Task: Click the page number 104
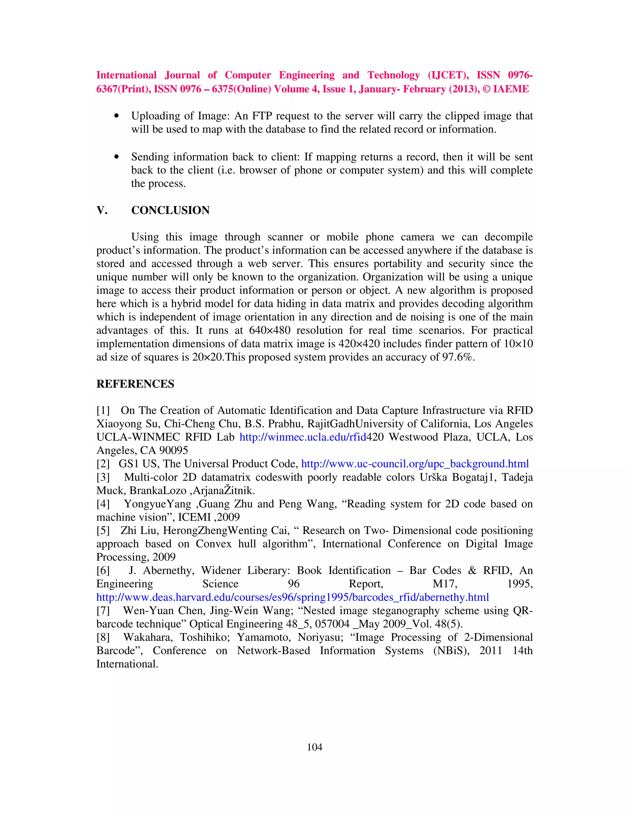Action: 314,747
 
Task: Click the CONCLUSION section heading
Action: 170,210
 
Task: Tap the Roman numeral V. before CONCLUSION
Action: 102,210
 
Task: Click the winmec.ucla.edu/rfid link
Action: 302,437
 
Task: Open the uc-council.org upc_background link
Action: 415,463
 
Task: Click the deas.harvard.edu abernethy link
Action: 292,597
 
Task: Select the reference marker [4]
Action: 103,504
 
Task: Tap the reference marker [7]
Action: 103,610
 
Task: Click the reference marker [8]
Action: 103,637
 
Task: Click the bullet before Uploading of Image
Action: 117,116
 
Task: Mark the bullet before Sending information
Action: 117,157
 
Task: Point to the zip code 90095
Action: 173,451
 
